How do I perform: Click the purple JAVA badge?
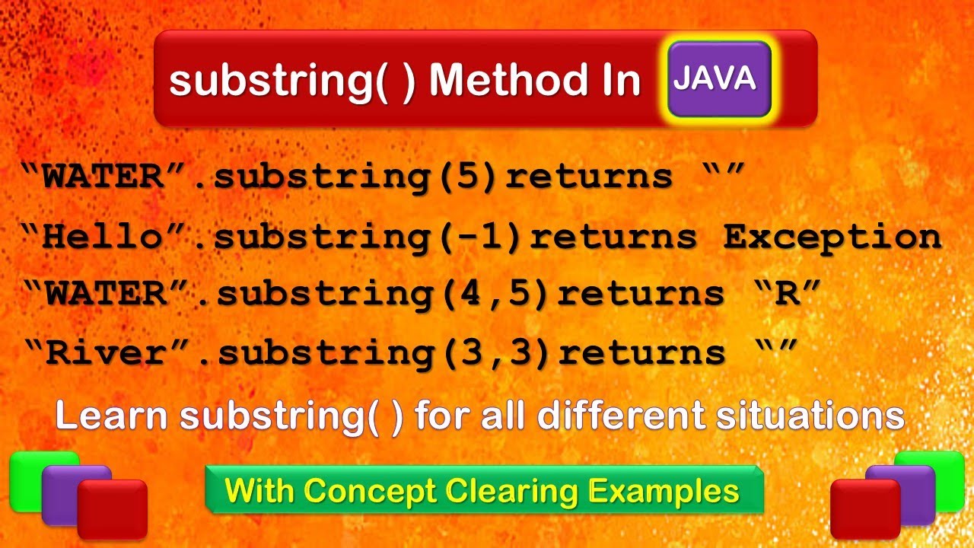pos(719,79)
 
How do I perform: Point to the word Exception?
pos(832,237)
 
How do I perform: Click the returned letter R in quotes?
pos(788,294)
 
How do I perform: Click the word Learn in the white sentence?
pos(110,416)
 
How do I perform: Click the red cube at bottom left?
pos(113,508)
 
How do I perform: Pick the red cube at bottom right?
pos(864,508)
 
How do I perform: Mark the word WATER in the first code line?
pos(102,177)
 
